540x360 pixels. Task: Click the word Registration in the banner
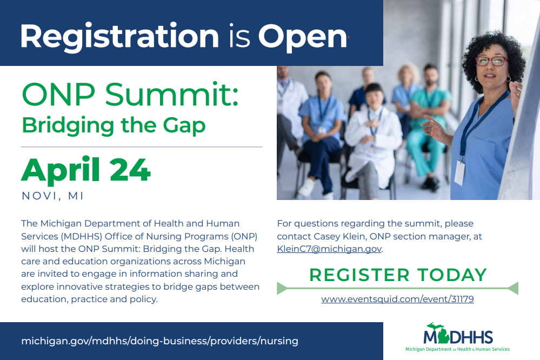pyautogui.click(x=119, y=36)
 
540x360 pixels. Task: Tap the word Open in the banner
pyautogui.click(x=302, y=36)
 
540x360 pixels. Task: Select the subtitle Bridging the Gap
pyautogui.click(x=114, y=125)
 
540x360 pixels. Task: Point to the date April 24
pyautogui.click(x=86, y=170)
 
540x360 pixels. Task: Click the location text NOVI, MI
pyautogui.click(x=53, y=196)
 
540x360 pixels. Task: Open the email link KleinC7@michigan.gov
pyautogui.click(x=329, y=249)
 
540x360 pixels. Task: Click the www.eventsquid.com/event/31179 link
pyautogui.click(x=397, y=299)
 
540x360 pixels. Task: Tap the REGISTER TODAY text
pyautogui.click(x=398, y=275)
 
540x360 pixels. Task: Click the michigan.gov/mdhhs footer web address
pyautogui.click(x=159, y=341)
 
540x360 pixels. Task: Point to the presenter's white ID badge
pyautogui.click(x=460, y=172)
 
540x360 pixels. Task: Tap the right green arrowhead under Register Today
pyautogui.click(x=513, y=288)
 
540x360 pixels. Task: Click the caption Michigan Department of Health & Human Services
pyautogui.click(x=457, y=349)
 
